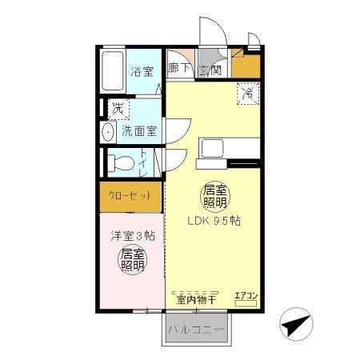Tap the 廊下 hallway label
pos(179,69)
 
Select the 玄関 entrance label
pos(210,70)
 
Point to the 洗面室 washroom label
pos(139,130)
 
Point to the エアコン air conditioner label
pos(245,297)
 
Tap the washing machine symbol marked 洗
pos(118,108)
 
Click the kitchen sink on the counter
pos(214,149)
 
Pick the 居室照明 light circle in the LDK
pos(212,197)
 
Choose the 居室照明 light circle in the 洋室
pos(132,258)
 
